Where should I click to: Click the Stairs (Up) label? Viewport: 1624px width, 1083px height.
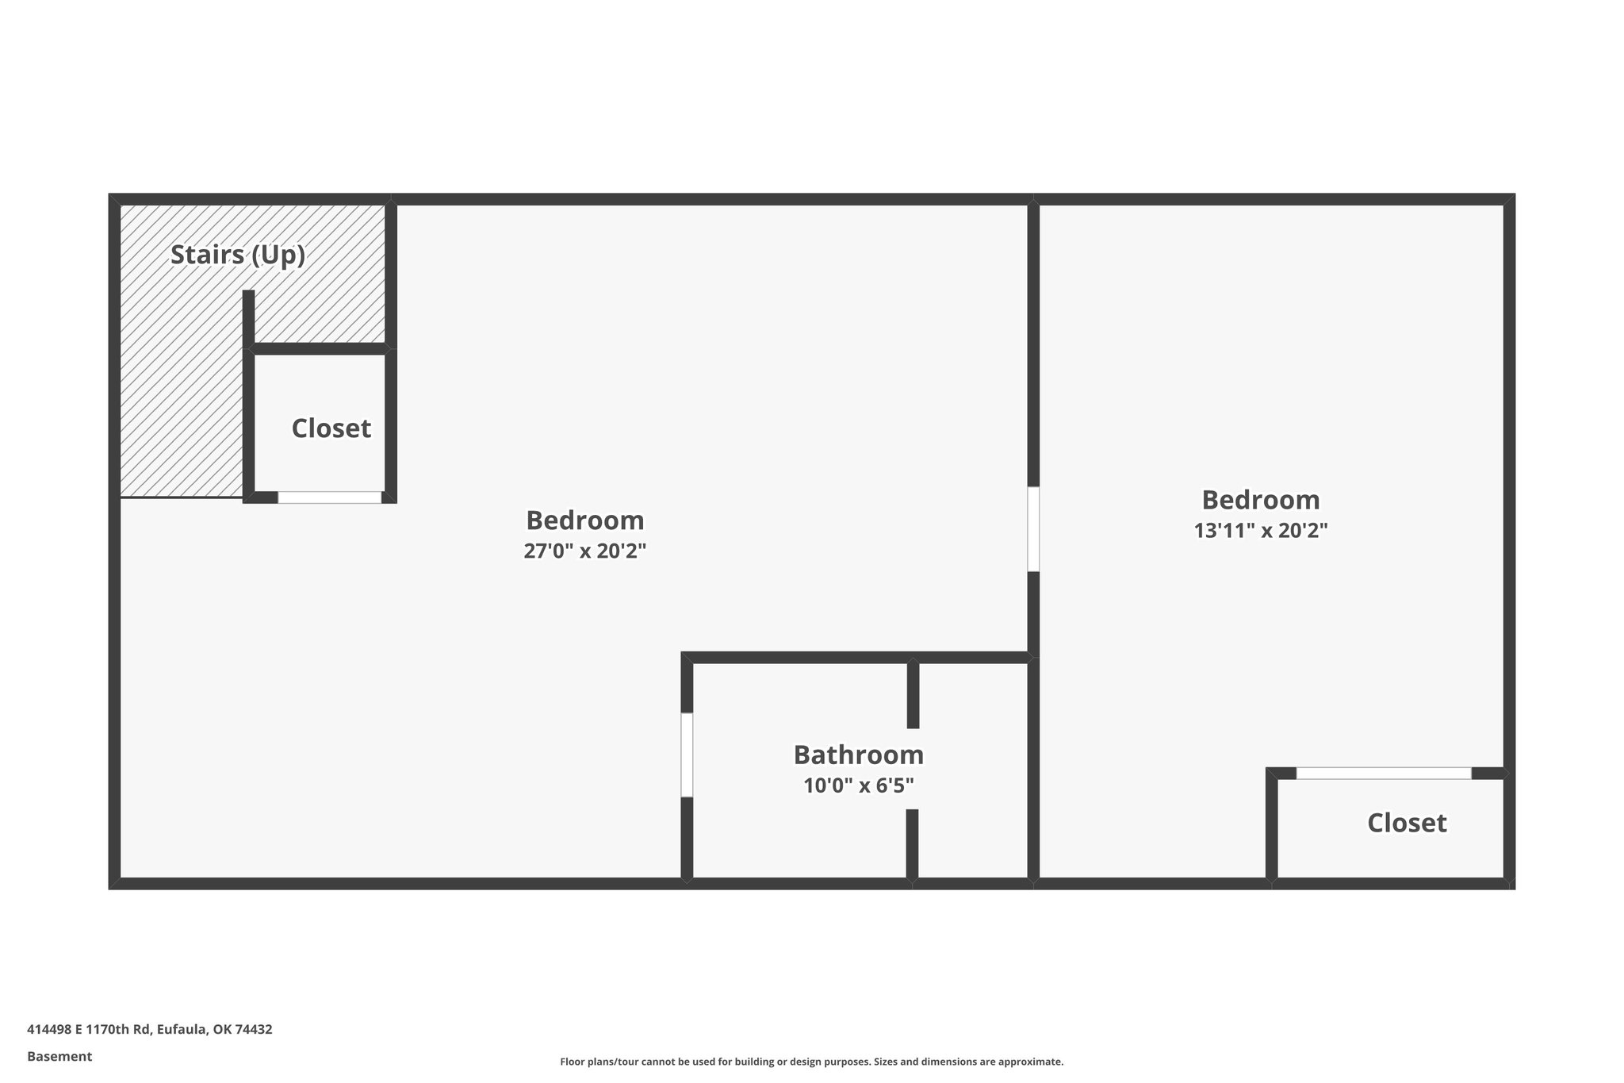[x=238, y=255]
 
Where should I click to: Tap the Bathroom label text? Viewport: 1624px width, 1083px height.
[x=858, y=755]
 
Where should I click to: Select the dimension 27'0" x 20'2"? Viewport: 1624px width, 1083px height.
[x=584, y=551]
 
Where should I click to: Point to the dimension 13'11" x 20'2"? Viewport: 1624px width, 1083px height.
[x=1261, y=530]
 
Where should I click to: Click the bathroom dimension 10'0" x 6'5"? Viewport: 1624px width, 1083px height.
[x=858, y=785]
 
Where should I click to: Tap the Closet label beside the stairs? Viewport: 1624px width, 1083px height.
[x=331, y=428]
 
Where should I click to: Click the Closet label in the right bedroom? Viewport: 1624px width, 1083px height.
[x=1407, y=823]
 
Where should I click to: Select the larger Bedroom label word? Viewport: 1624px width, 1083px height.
[x=584, y=520]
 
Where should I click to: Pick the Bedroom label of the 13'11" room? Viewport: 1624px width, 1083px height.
[x=1261, y=500]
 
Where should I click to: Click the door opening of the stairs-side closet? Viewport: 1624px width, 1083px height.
[x=329, y=497]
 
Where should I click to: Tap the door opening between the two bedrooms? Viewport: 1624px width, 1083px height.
[x=1033, y=528]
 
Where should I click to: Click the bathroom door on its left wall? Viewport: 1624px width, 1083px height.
[x=687, y=755]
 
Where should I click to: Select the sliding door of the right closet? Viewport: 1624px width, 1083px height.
[x=1383, y=773]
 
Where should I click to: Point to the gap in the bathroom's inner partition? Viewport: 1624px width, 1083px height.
[x=913, y=769]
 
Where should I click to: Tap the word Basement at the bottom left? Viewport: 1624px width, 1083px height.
[x=59, y=1056]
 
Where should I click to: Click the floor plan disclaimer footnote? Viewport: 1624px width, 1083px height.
[x=811, y=1062]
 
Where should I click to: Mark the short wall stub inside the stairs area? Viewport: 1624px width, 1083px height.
[x=248, y=317]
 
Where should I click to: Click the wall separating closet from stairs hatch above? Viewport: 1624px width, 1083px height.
[x=319, y=348]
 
